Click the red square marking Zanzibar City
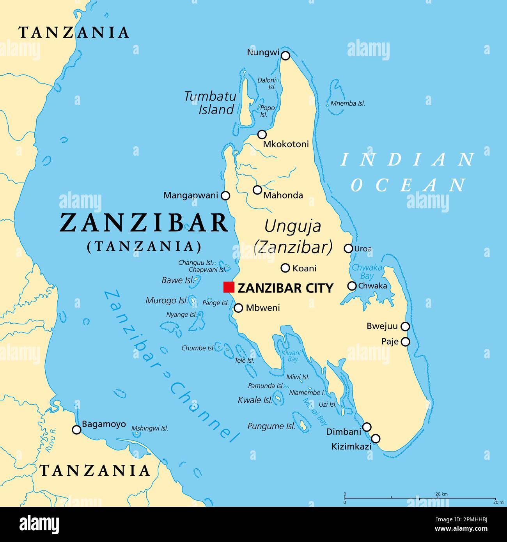point(229,287)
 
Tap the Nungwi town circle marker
point(285,56)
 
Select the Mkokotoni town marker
point(262,134)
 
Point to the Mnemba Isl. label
point(347,103)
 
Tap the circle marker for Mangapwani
point(225,196)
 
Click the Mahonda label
point(283,195)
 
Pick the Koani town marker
point(285,268)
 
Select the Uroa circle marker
point(348,248)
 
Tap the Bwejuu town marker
point(406,326)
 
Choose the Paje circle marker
point(406,342)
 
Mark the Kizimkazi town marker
point(376,438)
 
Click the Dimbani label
point(344,432)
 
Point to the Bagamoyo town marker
point(77,430)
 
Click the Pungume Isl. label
point(271,426)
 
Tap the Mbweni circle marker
point(238,308)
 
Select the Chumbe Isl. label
point(198,348)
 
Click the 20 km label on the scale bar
point(441,494)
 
